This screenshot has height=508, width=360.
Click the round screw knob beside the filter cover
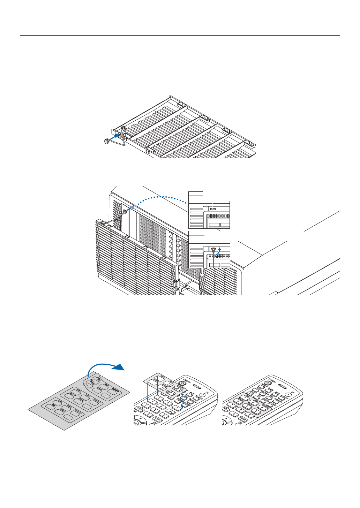click(x=107, y=141)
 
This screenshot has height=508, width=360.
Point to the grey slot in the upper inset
click(x=213, y=209)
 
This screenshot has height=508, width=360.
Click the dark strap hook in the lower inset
click(x=213, y=250)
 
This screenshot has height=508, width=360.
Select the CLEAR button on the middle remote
click(x=157, y=419)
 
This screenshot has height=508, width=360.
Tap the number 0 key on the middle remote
click(x=148, y=414)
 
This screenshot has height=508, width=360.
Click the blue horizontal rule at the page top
click(x=180, y=36)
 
